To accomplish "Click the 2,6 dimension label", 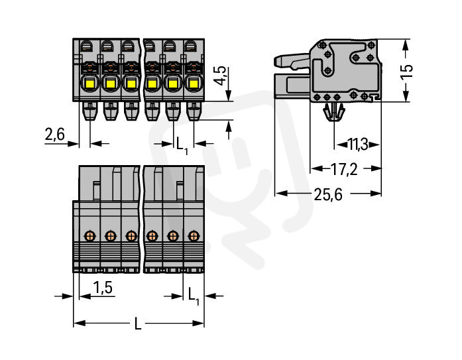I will pos(54,135).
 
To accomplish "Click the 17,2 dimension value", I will pos(344,169).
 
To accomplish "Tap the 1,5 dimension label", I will pos(102,287).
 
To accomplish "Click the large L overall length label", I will pos(138,324).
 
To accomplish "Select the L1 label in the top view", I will pos(181,143).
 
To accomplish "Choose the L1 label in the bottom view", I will pos(193,294).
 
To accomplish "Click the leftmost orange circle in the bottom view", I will pos(89,235).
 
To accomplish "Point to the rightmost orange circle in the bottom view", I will pos(193,235).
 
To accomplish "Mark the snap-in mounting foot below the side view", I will pos(333,114).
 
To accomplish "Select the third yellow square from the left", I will pos(131,84).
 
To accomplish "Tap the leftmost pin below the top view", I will pos(89,111).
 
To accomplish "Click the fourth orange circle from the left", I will pos(152,235).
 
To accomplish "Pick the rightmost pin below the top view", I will pos(193,111).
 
